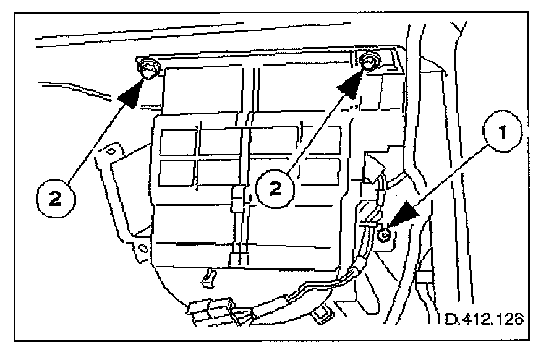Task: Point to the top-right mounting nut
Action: coord(369,62)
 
